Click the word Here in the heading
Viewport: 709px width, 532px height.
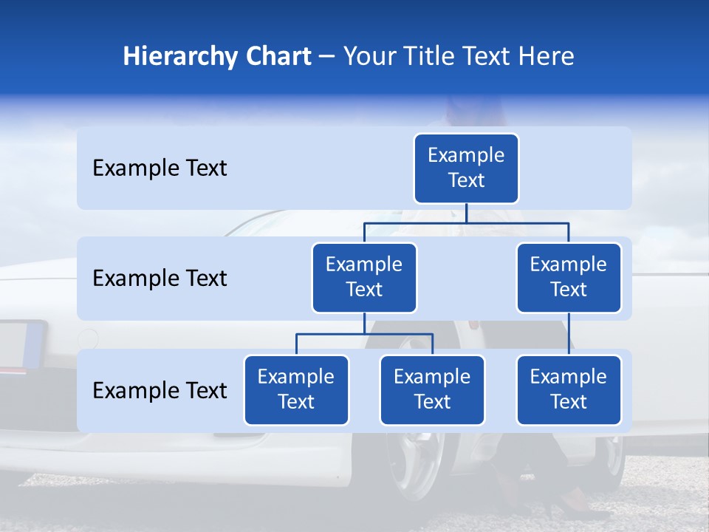545,57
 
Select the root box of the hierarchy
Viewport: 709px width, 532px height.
466,168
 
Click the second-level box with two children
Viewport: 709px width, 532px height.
364,277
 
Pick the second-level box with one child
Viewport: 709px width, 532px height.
569,277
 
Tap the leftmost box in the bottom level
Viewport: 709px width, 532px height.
296,389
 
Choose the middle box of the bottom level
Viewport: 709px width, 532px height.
432,389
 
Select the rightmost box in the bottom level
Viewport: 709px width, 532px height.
569,389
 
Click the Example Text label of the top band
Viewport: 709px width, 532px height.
160,168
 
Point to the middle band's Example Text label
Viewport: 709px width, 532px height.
160,279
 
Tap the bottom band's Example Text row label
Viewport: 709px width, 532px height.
160,390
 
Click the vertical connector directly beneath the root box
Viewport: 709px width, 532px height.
466,213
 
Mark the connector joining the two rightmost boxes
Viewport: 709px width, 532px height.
569,334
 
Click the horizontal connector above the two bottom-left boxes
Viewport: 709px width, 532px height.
364,334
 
